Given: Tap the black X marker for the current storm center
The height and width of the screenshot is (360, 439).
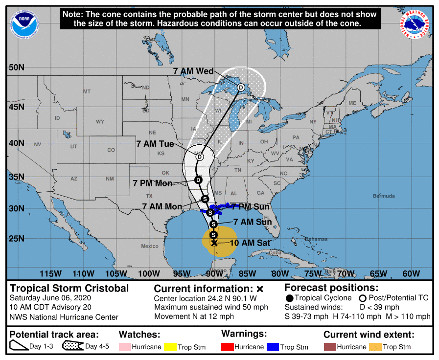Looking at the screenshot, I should (214, 243).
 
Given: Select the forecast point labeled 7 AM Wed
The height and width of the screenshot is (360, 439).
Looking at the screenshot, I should (241, 88).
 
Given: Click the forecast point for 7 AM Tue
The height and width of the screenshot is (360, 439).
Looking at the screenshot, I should (199, 157).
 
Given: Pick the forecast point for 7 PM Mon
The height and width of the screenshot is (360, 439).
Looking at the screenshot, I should (198, 180).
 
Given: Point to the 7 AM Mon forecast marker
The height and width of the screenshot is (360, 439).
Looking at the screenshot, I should (205, 199).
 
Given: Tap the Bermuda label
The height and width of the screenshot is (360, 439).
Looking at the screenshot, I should (383, 196).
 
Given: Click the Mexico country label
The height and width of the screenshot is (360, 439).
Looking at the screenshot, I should (150, 246).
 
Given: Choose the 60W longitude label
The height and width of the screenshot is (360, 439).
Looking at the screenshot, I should (411, 273).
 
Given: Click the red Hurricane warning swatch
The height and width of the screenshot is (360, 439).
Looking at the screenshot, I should (228, 347).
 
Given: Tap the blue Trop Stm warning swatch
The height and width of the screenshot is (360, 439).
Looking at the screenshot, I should (273, 347).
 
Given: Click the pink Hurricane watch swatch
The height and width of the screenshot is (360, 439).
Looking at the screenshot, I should (125, 347).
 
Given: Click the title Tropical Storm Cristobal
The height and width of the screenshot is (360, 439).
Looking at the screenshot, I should (69, 288).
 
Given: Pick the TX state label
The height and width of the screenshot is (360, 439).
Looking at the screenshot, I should (149, 196).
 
